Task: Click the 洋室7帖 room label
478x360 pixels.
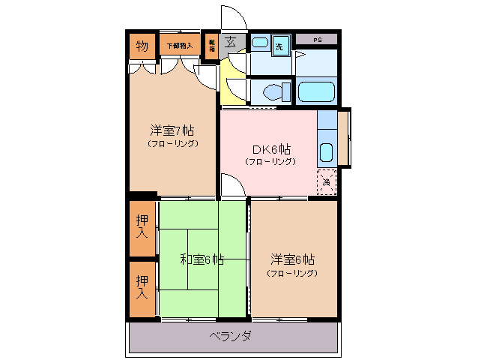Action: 172,129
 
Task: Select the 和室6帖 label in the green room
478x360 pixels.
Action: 202,259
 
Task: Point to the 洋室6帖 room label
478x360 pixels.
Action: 292,259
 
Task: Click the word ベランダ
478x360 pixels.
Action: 230,335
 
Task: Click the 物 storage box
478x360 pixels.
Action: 142,46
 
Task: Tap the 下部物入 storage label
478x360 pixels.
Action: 179,46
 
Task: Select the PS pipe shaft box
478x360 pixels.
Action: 317,39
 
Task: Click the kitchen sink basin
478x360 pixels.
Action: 326,151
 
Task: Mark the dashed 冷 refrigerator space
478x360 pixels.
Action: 327,181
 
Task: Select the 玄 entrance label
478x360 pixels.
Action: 232,43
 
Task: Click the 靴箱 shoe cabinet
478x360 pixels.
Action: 212,46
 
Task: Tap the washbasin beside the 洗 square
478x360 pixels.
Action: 259,43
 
